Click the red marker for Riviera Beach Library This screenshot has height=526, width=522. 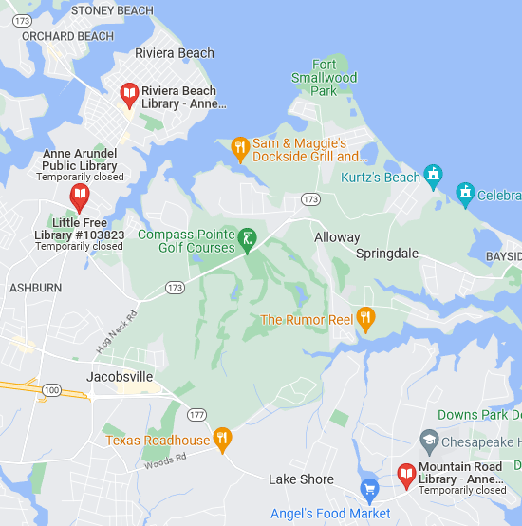(129, 94)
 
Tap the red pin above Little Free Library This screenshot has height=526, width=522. (80, 198)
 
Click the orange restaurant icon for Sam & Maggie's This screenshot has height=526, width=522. (239, 147)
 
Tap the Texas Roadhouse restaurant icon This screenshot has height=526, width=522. (222, 438)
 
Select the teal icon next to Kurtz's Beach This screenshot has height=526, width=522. (434, 175)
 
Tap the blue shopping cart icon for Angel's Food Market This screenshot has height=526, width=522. (370, 490)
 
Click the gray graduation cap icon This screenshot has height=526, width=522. (428, 441)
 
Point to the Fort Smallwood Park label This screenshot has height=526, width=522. (324, 78)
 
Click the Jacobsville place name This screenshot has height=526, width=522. (120, 377)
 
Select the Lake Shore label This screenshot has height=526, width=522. (301, 479)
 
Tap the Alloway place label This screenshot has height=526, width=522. (337, 237)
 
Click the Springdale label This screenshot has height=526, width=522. (386, 254)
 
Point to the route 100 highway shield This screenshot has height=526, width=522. (52, 390)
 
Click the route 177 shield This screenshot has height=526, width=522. (196, 415)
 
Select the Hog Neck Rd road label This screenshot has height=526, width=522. (115, 332)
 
